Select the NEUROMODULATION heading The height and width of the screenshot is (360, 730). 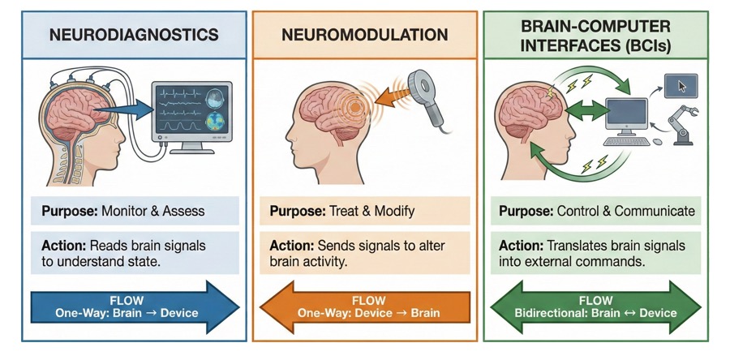[364, 36]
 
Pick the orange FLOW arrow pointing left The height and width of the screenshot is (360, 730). [364, 307]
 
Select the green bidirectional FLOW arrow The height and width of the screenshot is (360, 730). [595, 307]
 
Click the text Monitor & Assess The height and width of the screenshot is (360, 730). [153, 212]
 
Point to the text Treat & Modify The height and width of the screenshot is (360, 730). [374, 212]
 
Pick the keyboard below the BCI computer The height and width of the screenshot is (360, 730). [625, 141]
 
